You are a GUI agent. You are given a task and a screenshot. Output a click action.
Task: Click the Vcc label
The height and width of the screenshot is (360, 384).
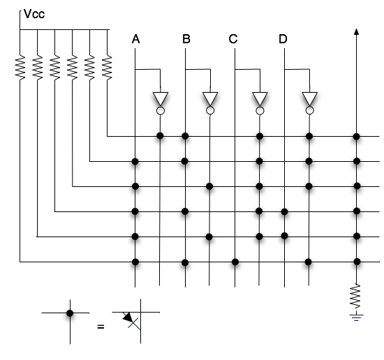click(x=34, y=14)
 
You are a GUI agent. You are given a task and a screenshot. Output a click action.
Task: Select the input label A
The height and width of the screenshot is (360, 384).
click(x=135, y=39)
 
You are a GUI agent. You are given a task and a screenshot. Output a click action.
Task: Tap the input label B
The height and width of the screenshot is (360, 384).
click(x=186, y=39)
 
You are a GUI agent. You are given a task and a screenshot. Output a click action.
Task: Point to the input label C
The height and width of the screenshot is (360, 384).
click(x=233, y=39)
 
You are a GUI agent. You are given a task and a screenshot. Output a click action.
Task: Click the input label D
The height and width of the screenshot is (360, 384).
click(x=283, y=39)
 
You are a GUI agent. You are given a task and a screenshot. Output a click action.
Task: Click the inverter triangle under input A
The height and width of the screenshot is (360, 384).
click(x=161, y=98)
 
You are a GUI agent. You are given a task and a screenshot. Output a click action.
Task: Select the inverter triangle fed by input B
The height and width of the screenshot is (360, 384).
click(x=210, y=98)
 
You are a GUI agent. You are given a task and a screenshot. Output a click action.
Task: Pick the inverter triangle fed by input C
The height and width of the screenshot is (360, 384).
click(x=260, y=98)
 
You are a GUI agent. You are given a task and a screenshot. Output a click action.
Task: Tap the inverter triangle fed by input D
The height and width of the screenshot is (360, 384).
click(x=309, y=98)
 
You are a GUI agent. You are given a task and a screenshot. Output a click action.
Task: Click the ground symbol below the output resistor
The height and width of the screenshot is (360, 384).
click(x=356, y=317)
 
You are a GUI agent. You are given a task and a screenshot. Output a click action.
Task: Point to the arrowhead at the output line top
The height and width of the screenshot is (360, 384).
click(x=356, y=31)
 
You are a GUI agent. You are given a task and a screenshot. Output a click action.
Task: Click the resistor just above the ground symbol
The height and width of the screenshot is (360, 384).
click(x=356, y=296)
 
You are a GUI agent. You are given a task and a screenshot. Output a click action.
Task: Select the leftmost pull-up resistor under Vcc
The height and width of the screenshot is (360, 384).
click(x=20, y=67)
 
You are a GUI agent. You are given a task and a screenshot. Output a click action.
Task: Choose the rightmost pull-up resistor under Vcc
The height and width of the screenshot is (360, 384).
click(x=107, y=67)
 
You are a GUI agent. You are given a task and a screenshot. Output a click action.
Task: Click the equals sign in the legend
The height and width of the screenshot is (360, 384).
click(x=101, y=327)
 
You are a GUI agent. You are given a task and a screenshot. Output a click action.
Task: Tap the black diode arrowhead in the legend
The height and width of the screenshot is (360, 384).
click(x=128, y=317)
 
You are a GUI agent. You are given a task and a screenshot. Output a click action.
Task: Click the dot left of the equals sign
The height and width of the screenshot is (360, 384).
click(x=70, y=313)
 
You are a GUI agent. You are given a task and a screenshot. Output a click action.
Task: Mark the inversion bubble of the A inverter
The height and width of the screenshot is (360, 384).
click(x=161, y=111)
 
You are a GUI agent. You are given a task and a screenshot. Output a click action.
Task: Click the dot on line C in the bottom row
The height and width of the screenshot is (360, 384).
click(x=235, y=262)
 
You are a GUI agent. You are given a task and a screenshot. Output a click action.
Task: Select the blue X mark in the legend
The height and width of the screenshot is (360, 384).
click(x=133, y=324)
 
